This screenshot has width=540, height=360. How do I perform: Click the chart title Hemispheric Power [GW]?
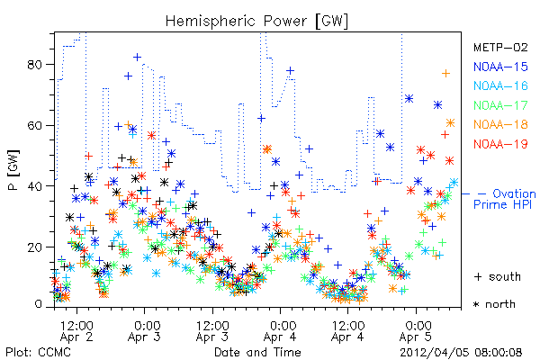[x=256, y=21]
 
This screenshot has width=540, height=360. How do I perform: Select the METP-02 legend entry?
[x=500, y=47]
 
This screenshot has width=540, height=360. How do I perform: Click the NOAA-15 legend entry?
[x=500, y=67]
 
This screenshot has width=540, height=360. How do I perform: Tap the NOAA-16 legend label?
[x=500, y=85]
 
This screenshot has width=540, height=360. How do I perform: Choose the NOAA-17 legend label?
[x=500, y=105]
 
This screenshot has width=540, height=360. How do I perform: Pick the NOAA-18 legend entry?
[x=500, y=124]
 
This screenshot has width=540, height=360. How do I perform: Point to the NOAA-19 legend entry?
[x=500, y=144]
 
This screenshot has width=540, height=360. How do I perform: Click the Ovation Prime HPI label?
[x=505, y=199]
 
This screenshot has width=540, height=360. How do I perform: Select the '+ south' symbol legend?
[x=498, y=276]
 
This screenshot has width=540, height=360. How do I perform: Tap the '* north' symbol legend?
[x=494, y=304]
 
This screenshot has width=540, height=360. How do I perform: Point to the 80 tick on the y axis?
[x=34, y=65]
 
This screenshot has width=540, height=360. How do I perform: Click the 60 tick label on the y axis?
[x=34, y=125]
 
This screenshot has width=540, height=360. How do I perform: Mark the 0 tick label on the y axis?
[x=39, y=304]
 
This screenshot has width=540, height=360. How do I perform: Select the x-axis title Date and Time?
[x=257, y=353]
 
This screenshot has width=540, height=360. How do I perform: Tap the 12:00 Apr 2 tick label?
[x=76, y=331]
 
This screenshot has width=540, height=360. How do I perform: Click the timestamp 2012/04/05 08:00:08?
[x=461, y=353]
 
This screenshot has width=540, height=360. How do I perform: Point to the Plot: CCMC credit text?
[x=38, y=353]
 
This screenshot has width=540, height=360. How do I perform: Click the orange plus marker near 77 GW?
[x=446, y=74]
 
